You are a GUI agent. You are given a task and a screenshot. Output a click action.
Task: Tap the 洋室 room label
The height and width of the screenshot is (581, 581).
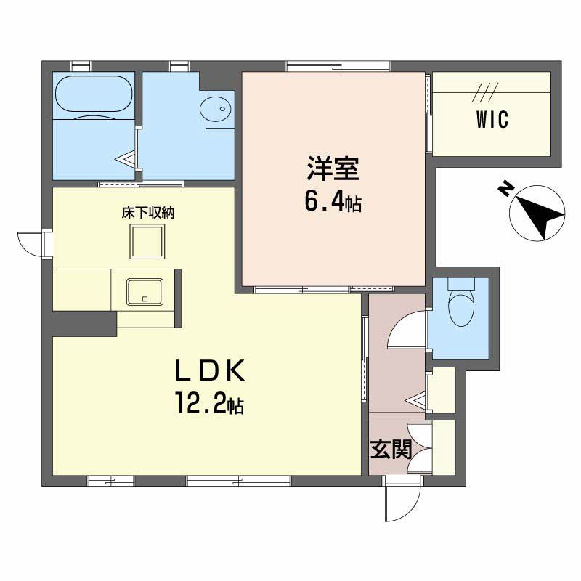(332, 170)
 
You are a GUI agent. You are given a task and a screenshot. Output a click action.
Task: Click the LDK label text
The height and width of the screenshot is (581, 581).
(208, 371)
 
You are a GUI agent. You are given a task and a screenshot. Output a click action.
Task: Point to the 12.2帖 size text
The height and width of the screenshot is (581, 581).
(208, 402)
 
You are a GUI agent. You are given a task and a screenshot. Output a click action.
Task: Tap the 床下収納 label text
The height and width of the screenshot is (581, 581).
(147, 213)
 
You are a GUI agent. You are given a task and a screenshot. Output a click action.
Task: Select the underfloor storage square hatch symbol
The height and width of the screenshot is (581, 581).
(148, 241)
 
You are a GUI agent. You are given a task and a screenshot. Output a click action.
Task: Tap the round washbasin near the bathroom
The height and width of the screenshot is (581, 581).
(218, 109)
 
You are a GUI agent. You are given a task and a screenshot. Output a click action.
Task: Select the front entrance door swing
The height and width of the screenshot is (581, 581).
(402, 502)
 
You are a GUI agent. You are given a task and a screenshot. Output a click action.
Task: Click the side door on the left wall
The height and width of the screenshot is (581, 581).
(32, 243)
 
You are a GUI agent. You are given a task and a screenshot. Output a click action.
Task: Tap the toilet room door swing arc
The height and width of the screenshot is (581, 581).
(407, 330)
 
